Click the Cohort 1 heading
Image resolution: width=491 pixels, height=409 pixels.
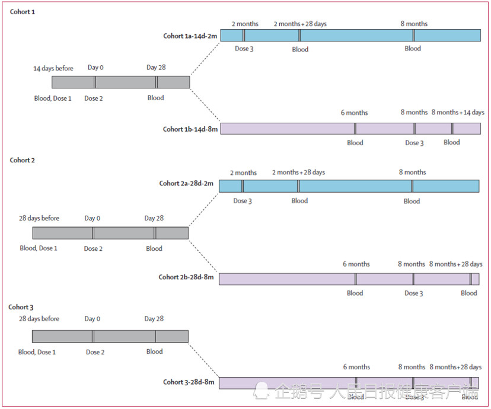[x=23, y=12]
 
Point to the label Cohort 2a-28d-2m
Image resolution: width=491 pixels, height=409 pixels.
[x=186, y=184]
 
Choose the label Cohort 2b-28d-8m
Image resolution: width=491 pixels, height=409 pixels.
[x=186, y=277]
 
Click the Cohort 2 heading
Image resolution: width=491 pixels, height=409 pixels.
[x=23, y=160]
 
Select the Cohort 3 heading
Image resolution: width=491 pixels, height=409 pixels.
[x=21, y=307]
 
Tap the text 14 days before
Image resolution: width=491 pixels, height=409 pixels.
[x=53, y=69]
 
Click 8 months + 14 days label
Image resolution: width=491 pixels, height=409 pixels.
[x=458, y=113]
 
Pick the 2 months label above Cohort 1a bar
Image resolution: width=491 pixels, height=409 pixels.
[x=245, y=24]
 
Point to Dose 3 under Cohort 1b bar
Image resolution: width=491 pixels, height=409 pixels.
[x=415, y=143]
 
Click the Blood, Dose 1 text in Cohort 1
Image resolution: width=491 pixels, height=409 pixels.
[x=53, y=98]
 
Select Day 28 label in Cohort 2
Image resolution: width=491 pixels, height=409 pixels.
[x=154, y=219]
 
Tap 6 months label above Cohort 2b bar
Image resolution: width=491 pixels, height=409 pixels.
[x=356, y=264]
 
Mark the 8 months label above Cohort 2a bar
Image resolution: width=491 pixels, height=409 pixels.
[x=412, y=172]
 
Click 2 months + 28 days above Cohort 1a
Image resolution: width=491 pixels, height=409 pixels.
[x=300, y=24]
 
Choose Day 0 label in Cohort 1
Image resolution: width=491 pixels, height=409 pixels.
[x=95, y=68]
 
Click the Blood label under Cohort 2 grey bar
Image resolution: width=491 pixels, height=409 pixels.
[x=154, y=249]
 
